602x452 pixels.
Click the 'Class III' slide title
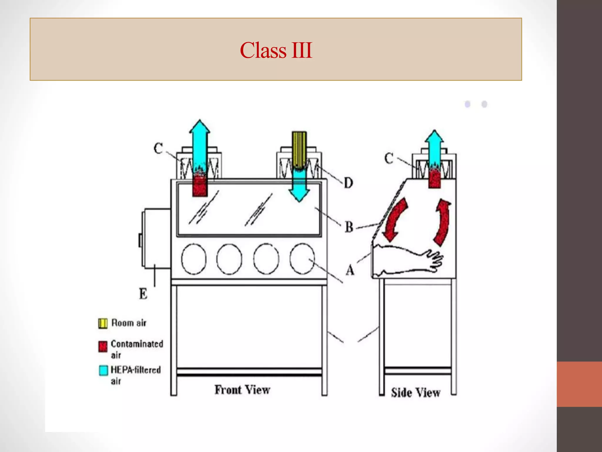(x=276, y=50)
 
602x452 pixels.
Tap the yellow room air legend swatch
(x=103, y=323)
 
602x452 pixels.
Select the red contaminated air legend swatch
(x=103, y=346)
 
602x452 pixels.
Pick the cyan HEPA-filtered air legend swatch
(x=103, y=370)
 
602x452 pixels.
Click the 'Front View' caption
(x=242, y=390)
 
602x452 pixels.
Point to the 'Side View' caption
(x=415, y=393)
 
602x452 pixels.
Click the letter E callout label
(x=143, y=294)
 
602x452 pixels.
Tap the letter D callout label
(x=348, y=183)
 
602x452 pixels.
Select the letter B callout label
(x=349, y=227)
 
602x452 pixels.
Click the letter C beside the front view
(x=158, y=148)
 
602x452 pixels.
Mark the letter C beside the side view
(x=389, y=158)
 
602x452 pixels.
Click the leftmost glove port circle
(x=194, y=259)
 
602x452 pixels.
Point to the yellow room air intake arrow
(x=299, y=149)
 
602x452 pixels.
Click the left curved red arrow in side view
(x=395, y=219)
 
